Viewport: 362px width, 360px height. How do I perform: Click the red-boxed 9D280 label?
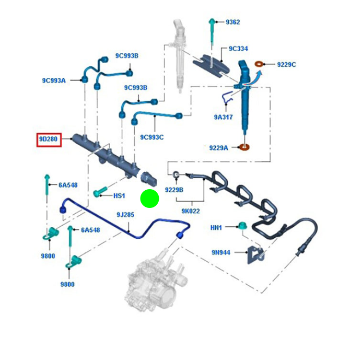(49, 140)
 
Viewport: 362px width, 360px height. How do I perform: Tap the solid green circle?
(149, 199)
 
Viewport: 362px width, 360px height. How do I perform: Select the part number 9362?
(232, 22)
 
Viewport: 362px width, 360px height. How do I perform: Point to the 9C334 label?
(238, 49)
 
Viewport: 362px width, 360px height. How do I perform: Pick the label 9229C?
(286, 65)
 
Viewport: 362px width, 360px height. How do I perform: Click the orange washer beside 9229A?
(243, 147)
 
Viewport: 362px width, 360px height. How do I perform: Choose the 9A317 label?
(223, 117)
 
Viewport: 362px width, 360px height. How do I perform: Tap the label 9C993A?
(54, 80)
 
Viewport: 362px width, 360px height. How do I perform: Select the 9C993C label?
(151, 137)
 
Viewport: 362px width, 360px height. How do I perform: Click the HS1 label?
(120, 196)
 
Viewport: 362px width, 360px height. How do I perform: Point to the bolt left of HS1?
(100, 192)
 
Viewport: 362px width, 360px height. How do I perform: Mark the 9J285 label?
(125, 214)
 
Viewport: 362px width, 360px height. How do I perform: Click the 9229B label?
(174, 189)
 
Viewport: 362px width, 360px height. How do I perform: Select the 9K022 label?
(191, 212)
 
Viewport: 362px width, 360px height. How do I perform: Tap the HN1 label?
(216, 228)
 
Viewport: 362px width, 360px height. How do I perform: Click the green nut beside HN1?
(242, 226)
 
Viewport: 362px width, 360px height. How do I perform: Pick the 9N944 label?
(221, 252)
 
